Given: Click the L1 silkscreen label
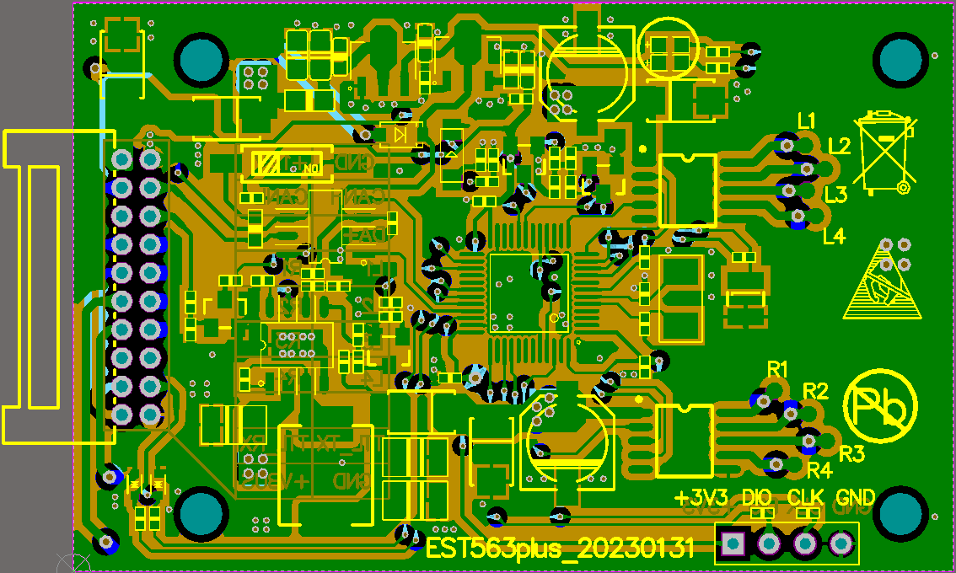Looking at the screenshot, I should click(x=807, y=120).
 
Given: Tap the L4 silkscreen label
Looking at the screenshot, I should click(x=834, y=237).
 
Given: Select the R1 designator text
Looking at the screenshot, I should click(x=777, y=368).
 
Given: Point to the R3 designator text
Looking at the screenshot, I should click(x=851, y=454).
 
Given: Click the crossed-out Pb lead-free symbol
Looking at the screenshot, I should click(x=882, y=407).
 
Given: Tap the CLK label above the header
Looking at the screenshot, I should click(x=807, y=497).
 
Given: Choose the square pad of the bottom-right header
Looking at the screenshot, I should click(x=733, y=544).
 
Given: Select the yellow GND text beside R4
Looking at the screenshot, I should click(x=856, y=497).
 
